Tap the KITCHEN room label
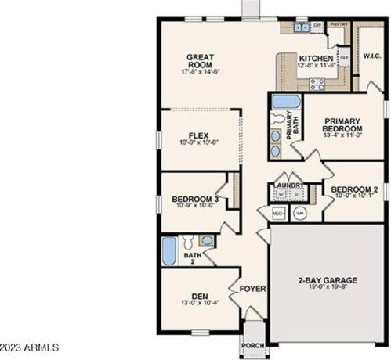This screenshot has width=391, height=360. tap(316, 59)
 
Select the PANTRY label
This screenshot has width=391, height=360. tap(338, 25)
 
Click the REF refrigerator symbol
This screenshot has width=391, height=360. tap(343, 58)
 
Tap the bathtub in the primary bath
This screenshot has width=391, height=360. tap(281, 102)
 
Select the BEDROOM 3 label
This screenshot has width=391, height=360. tap(194, 200)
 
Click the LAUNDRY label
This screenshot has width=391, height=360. tap(288, 185)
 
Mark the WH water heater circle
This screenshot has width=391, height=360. tap(300, 212)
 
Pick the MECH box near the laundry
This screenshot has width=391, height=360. tap(278, 212)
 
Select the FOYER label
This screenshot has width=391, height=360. tap(253, 290)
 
